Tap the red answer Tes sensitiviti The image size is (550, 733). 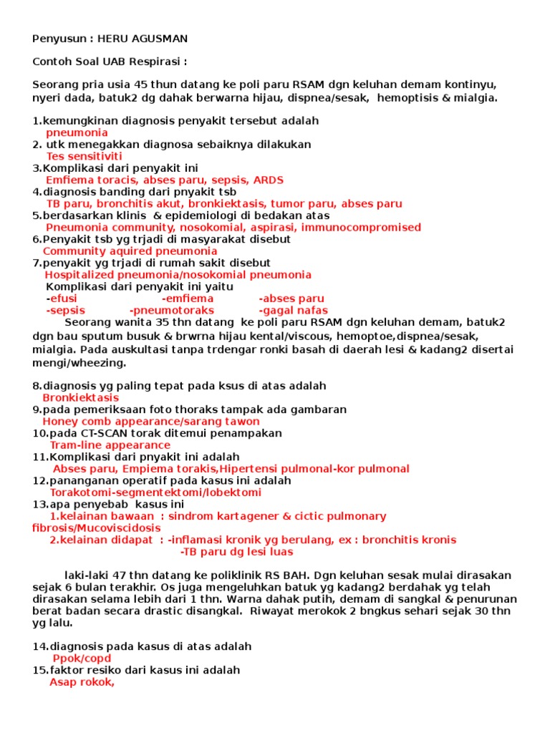point(84,156)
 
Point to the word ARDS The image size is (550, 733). point(268,180)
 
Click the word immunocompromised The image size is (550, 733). point(361,228)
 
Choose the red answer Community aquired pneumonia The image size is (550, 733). point(130,251)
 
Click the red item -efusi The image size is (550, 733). point(62,298)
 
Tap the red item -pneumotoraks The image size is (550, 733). point(172,311)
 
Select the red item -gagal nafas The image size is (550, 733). point(294,311)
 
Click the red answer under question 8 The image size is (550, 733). point(80,398)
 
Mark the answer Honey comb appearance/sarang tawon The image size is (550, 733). point(151,422)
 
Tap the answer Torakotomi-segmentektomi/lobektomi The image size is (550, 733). point(155,492)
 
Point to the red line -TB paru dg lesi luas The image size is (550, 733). point(236,552)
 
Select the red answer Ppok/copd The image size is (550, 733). point(82,659)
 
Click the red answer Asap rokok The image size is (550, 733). point(82,682)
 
